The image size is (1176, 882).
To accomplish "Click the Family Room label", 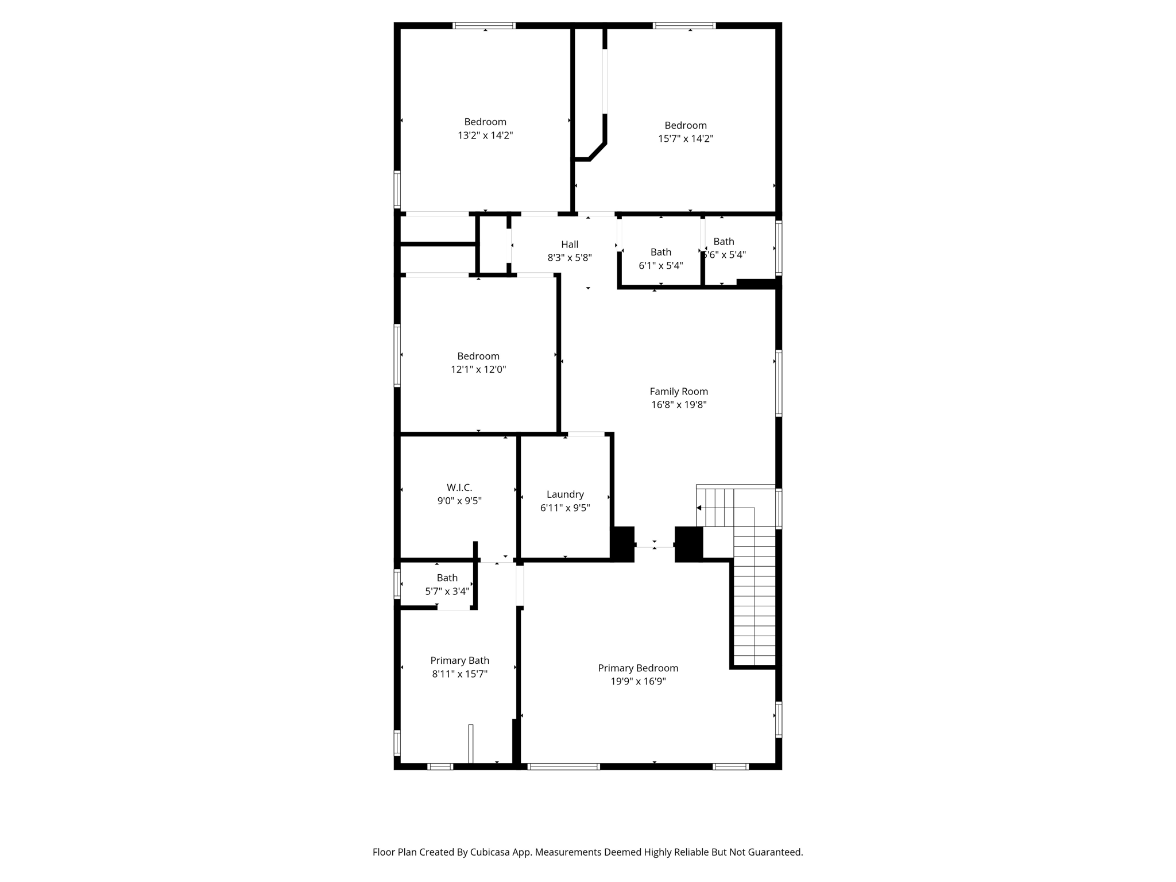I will tap(679, 392).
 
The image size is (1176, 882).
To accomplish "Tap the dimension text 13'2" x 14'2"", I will tap(485, 136).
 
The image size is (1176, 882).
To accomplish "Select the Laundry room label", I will tap(565, 494).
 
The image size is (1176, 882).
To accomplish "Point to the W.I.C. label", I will tap(459, 488).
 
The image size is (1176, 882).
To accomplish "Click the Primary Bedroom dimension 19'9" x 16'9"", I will tap(638, 682).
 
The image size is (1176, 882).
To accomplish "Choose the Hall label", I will tap(570, 245).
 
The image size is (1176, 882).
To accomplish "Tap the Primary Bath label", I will tap(459, 661).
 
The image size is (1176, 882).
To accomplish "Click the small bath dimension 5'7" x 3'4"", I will tap(447, 591).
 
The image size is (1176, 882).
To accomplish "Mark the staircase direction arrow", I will tap(699, 508).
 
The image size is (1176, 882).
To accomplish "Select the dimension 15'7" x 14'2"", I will tap(686, 138).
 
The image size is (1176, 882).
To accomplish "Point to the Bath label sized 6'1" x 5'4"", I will tap(661, 252).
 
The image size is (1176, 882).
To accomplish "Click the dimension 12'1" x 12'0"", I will tap(478, 370).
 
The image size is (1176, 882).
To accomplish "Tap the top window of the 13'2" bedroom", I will tap(484, 25).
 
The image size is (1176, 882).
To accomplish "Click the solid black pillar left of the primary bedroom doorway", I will tap(622, 544).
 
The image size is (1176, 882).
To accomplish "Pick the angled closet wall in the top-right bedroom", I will tap(597, 152).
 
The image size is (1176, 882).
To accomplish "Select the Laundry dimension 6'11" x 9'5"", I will tap(565, 508).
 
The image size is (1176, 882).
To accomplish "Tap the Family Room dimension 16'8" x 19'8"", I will tap(679, 405).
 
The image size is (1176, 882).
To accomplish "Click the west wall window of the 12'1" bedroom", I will tap(397, 355).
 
